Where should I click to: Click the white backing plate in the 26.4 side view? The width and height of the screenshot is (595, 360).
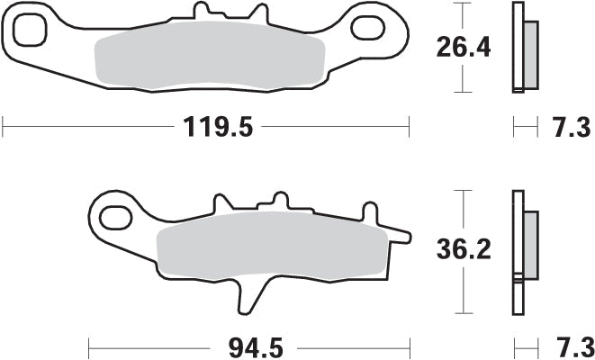[x=517, y=47]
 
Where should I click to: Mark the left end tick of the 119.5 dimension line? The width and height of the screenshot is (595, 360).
[x=3, y=127]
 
